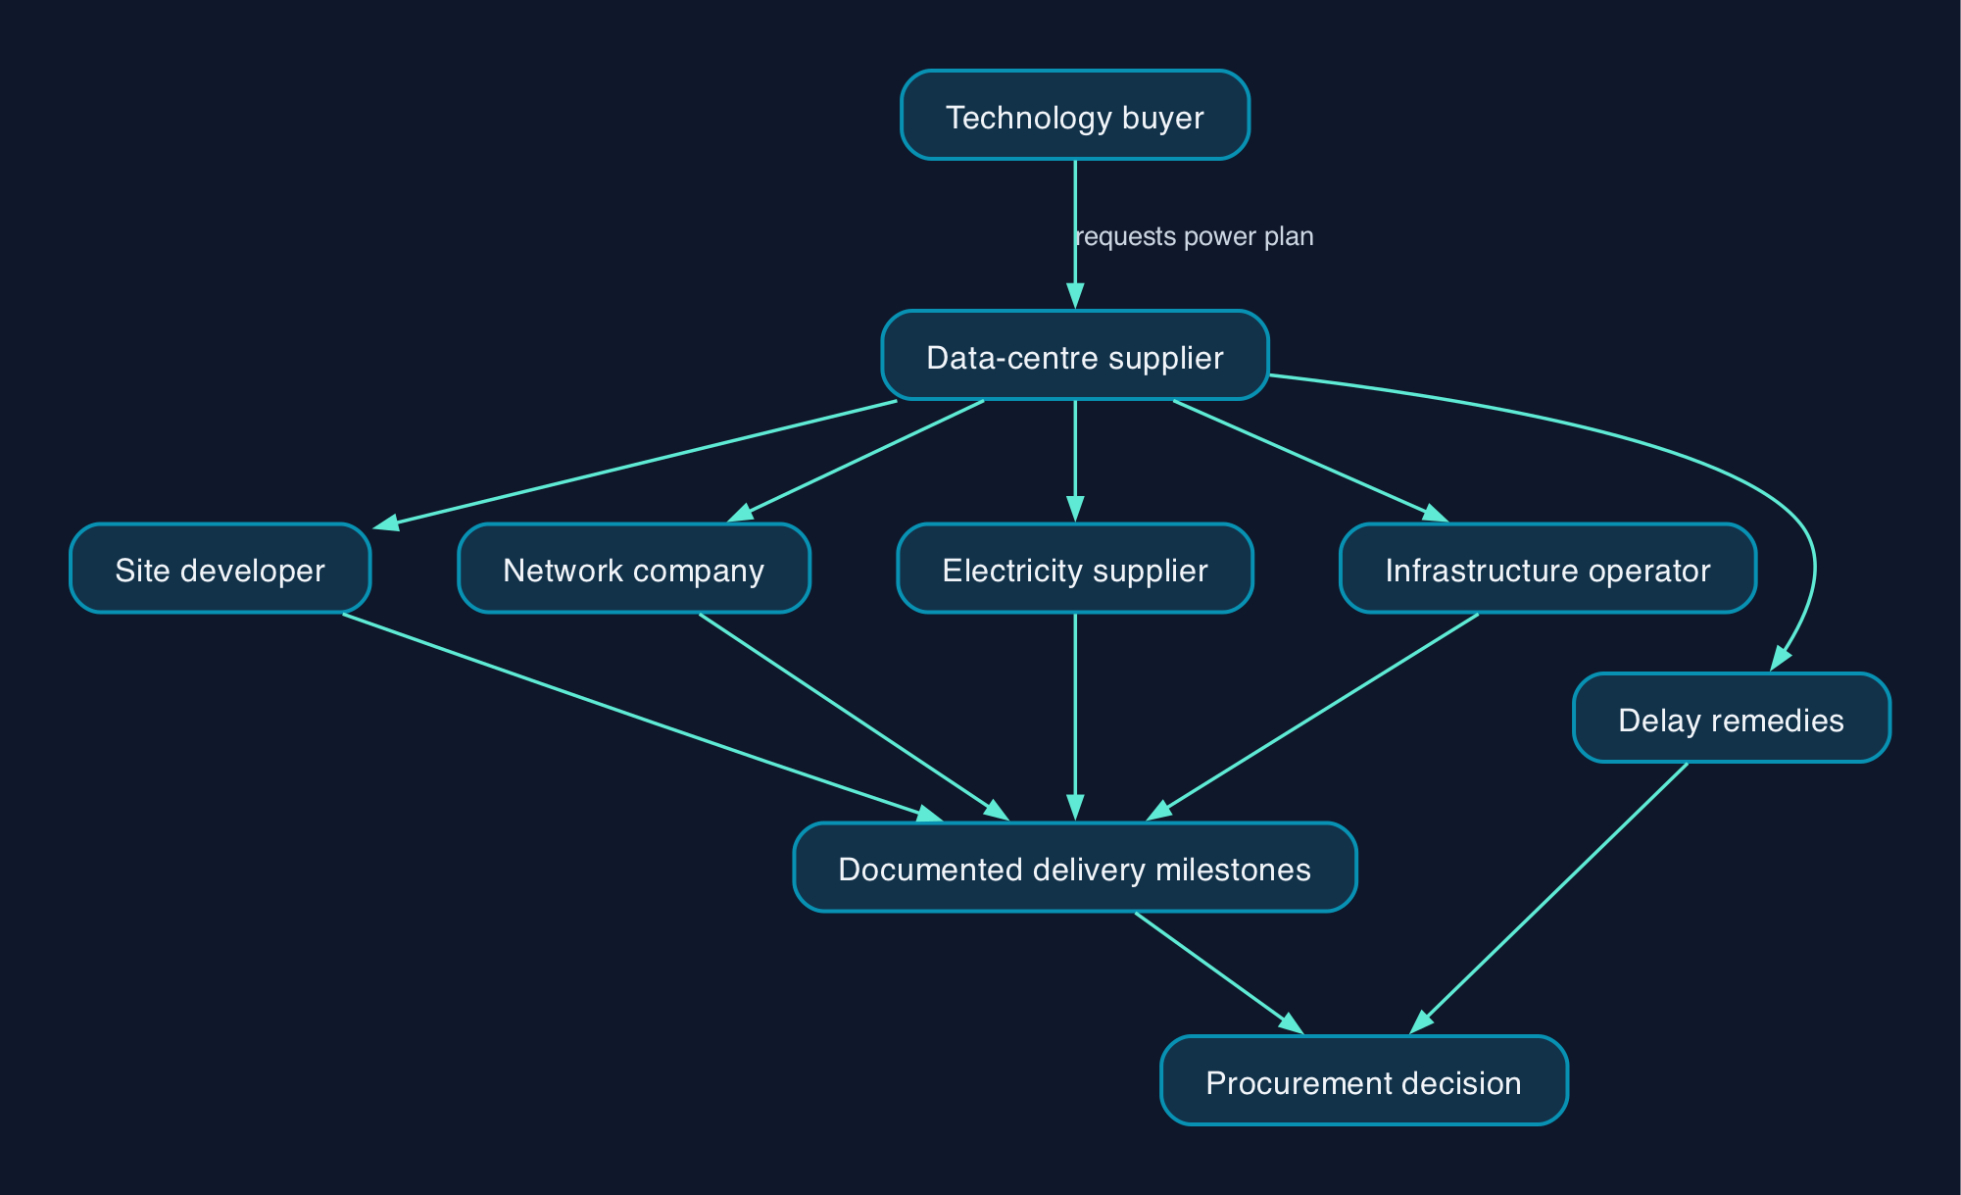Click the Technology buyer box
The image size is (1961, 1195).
click(x=1075, y=115)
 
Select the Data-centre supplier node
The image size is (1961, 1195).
click(x=1075, y=355)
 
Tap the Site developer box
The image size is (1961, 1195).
click(x=221, y=569)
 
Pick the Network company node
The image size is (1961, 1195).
click(x=634, y=569)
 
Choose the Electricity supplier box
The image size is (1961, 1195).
click(x=1075, y=569)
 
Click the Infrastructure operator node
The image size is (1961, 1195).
click(x=1548, y=569)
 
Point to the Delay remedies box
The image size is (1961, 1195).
click(x=1732, y=718)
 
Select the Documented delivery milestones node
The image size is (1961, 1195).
click(x=1075, y=868)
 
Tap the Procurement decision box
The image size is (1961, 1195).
click(x=1364, y=1080)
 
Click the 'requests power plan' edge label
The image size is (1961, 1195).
click(x=1195, y=236)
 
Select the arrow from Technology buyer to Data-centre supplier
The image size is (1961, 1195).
click(x=1075, y=235)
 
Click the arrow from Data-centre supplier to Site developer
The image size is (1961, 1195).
click(x=634, y=466)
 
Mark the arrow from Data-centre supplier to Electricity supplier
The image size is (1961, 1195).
click(x=1075, y=461)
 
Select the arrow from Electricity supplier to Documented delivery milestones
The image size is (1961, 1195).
click(x=1075, y=718)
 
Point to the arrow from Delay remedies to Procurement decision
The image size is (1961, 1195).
click(x=1548, y=898)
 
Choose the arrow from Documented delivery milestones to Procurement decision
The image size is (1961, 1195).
click(x=1219, y=972)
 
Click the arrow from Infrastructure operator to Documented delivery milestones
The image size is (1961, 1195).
click(x=1313, y=717)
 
